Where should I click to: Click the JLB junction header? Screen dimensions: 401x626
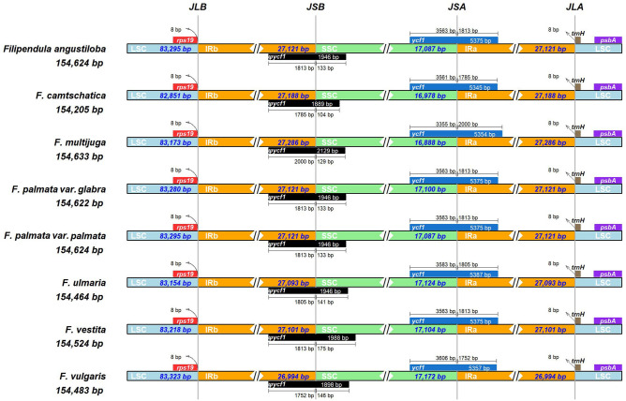[x=198, y=7]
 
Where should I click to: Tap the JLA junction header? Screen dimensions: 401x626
[x=575, y=7]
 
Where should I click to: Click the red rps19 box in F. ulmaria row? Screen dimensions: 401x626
[x=185, y=273]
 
